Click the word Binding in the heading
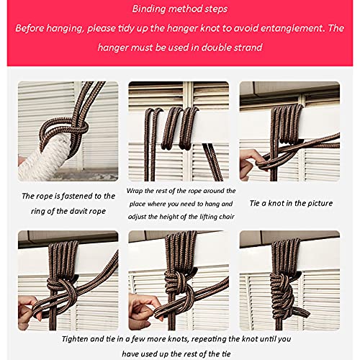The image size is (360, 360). (149, 9)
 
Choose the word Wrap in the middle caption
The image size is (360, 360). (134, 191)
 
